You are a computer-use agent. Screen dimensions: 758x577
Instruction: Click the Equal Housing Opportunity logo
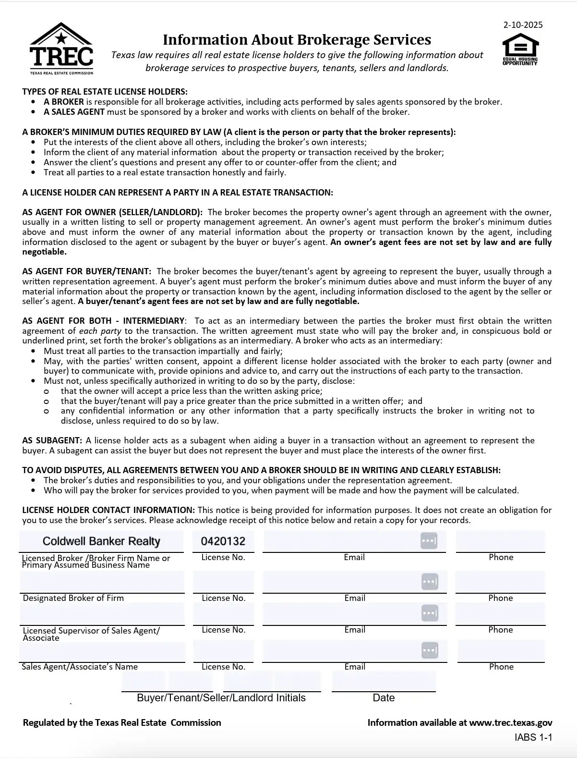[x=520, y=52]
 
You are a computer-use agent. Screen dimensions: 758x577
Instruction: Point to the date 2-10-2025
[x=523, y=25]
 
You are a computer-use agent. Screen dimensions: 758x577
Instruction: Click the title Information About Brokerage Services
[x=297, y=39]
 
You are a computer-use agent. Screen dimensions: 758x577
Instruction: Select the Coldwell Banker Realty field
[x=101, y=541]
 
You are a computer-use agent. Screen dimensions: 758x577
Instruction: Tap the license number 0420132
[x=223, y=541]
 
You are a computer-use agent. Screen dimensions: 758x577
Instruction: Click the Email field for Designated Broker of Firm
[x=341, y=582]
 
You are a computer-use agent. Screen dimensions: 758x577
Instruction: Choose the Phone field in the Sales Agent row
[x=501, y=651]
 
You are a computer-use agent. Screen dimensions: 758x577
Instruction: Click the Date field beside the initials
[x=384, y=682]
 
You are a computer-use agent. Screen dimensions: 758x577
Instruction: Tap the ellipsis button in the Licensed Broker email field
[x=429, y=541]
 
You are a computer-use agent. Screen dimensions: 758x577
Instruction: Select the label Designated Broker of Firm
[x=73, y=598]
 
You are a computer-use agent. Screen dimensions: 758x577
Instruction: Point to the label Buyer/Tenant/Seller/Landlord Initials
[x=221, y=698]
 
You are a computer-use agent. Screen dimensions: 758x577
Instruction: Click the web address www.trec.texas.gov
[x=510, y=722]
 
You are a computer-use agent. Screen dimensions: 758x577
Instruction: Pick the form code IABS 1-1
[x=533, y=737]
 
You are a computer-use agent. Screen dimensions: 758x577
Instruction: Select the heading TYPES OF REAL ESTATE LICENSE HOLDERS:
[x=105, y=92]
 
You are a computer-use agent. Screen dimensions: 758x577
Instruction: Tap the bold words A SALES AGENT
[x=74, y=112]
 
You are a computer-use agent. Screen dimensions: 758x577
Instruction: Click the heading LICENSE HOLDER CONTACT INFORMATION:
[x=108, y=510]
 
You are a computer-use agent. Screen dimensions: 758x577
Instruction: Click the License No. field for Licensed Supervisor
[x=223, y=613]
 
